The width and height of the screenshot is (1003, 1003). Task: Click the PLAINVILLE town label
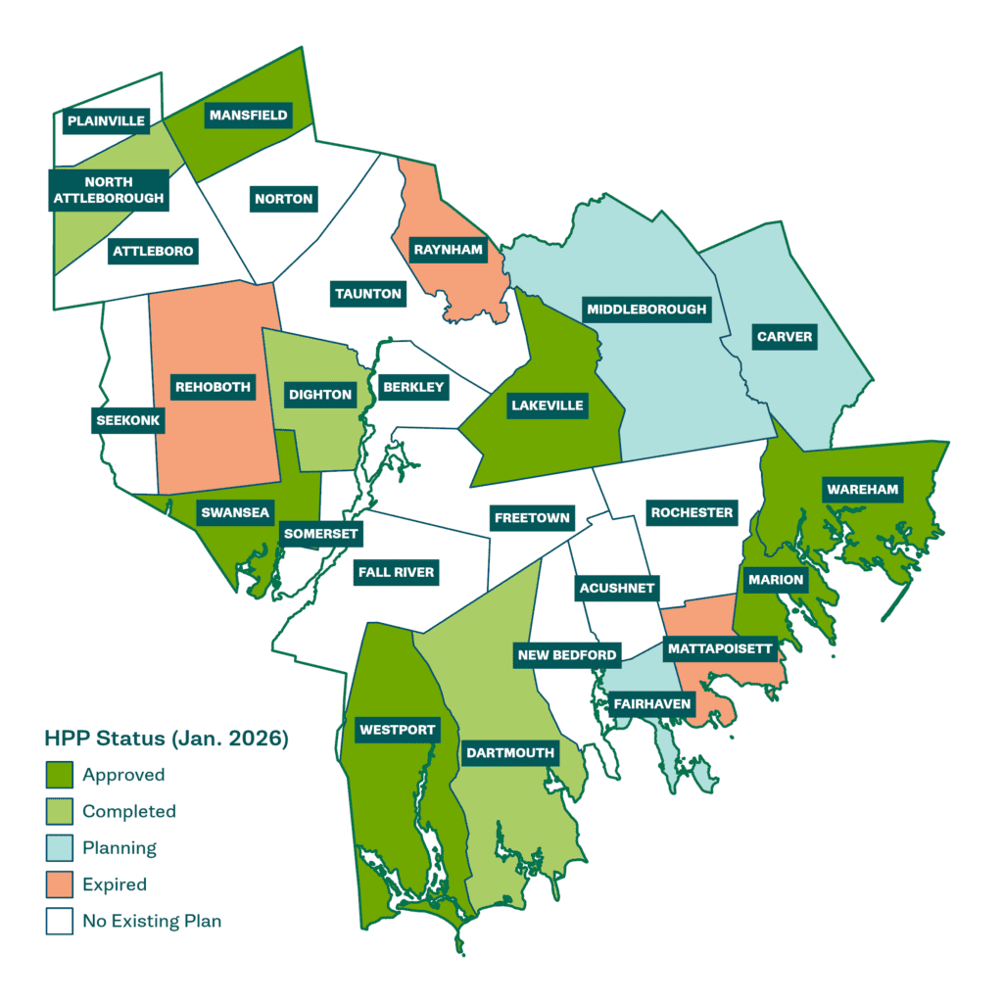[106, 121]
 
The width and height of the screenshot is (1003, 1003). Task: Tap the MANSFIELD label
[248, 115]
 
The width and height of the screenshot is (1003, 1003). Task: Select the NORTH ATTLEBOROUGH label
[109, 190]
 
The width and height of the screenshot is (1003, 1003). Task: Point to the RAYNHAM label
[448, 250]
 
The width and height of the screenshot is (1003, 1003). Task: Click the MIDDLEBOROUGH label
[645, 310]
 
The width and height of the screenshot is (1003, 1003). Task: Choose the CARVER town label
[785, 337]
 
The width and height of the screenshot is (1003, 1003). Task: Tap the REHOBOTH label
[213, 387]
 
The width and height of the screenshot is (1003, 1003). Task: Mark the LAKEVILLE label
[547, 406]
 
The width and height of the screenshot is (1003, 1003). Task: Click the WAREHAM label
[862, 489]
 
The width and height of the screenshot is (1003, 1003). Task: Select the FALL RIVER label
[396, 572]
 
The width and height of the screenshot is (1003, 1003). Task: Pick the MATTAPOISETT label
[720, 648]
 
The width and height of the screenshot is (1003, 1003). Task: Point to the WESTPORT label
[396, 729]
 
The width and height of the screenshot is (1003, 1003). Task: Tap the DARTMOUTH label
[509, 753]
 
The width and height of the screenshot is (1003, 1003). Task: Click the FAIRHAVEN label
[652, 703]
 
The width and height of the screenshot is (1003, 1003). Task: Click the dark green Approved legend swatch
[59, 775]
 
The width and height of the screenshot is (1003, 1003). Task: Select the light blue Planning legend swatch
[59, 847]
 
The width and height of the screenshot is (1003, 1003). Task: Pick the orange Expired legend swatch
[59, 884]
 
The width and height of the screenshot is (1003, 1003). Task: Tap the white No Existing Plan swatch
[59, 921]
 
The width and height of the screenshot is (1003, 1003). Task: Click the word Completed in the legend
[129, 811]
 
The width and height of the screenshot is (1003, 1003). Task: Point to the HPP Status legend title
[167, 739]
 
